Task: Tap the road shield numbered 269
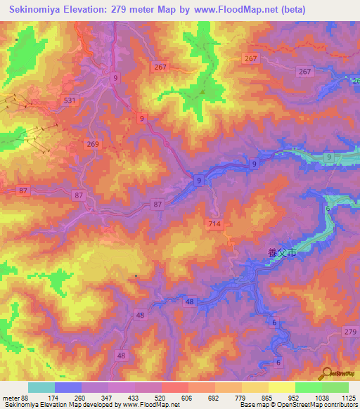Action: pyautogui.click(x=95, y=144)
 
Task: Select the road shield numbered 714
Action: pyautogui.click(x=216, y=223)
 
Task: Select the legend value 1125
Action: pyautogui.click(x=347, y=397)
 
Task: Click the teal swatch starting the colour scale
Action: pyautogui.click(x=41, y=387)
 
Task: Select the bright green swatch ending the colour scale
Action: pyautogui.click(x=335, y=387)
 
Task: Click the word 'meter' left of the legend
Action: pyautogui.click(x=9, y=397)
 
